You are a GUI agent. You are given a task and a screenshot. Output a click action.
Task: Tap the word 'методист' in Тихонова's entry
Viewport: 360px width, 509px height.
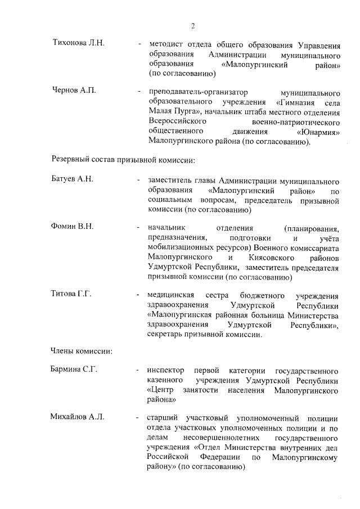(x=166, y=43)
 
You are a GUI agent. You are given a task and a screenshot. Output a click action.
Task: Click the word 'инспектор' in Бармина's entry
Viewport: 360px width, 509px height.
(x=166, y=371)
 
